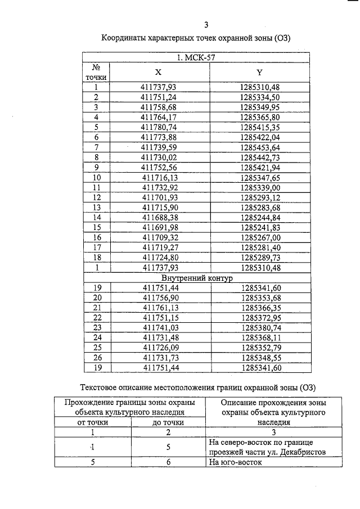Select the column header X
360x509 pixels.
158,72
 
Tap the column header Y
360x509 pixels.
259,72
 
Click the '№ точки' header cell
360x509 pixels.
96,72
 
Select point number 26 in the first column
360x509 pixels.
96,358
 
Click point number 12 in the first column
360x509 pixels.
96,197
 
